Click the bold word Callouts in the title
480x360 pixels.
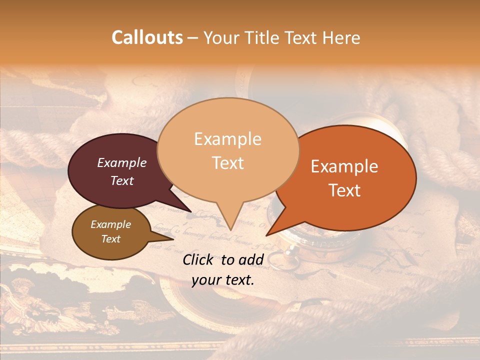(147, 37)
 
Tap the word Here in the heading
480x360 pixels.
(339, 37)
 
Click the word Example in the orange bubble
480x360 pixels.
(344, 166)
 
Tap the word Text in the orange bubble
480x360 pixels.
(344, 190)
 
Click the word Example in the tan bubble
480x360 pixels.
(228, 139)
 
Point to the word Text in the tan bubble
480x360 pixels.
(228, 163)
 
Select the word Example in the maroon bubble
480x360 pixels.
(122, 162)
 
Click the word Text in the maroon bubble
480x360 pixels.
(122, 180)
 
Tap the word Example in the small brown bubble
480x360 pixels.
(111, 224)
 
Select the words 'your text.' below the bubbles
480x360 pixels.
(223, 280)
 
